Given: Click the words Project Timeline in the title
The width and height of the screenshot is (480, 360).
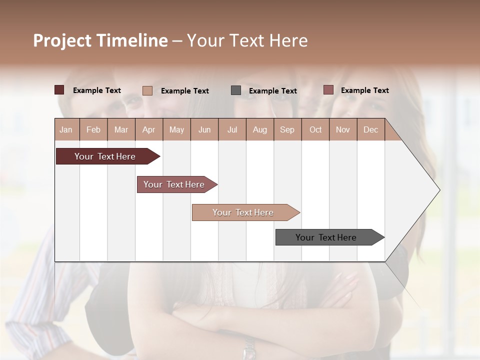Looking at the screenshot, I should point(100,40).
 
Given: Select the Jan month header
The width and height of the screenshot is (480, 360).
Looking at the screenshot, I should point(66,129).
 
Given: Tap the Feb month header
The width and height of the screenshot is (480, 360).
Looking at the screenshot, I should point(93,129).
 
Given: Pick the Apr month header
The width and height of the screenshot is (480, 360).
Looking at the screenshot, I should point(148,129).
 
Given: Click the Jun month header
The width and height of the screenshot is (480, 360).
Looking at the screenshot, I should point(204,129).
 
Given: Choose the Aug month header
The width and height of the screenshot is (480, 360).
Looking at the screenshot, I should point(259,129).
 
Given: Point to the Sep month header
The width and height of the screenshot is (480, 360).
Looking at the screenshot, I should point(287,129).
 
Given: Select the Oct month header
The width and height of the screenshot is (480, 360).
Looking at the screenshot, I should point(315,129).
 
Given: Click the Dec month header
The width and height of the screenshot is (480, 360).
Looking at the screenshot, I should point(370,129).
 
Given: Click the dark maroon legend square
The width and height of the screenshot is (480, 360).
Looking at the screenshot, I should point(59,90).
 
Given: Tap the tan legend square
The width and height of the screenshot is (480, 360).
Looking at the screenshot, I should point(147,90).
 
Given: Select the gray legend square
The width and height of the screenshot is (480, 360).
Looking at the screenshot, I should point(235,90).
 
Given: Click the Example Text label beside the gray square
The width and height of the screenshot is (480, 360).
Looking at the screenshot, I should point(272,90).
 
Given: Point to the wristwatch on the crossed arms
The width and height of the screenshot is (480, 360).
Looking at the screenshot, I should point(248,348).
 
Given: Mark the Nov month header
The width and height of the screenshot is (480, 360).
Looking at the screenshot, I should point(342,129).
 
